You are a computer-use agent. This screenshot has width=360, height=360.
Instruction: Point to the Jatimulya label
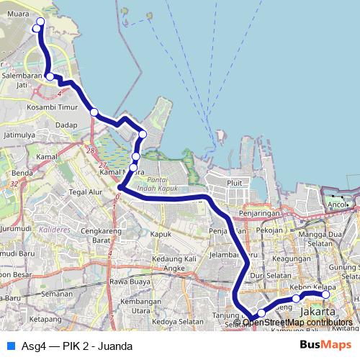click(x=19, y=135)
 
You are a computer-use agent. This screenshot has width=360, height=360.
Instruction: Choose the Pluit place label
click(x=235, y=184)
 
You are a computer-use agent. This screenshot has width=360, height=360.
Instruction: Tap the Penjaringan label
click(x=260, y=214)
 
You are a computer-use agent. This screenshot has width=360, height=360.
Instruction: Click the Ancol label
click(x=337, y=204)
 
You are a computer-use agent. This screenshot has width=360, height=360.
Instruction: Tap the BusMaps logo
click(x=320, y=345)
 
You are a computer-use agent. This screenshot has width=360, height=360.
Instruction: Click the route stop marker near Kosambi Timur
click(x=94, y=112)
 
